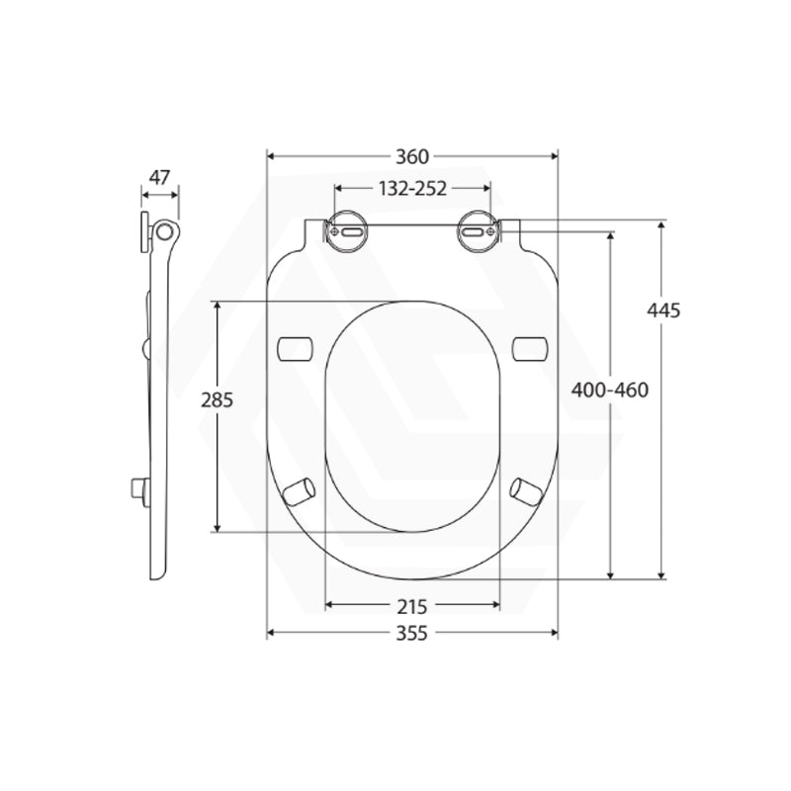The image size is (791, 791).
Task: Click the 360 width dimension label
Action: tap(411, 156)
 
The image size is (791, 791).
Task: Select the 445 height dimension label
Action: tap(663, 309)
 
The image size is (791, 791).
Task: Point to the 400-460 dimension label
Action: tap(610, 390)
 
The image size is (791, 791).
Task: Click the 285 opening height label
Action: tap(216, 400)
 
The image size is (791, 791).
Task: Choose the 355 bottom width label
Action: tap(411, 634)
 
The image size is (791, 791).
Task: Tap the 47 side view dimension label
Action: tap(159, 178)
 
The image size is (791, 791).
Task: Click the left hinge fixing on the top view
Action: tap(346, 228)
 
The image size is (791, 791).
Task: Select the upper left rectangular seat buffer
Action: tap(296, 347)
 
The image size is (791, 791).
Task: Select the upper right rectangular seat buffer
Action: tap(530, 347)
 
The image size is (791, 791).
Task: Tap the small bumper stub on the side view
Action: tap(139, 487)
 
